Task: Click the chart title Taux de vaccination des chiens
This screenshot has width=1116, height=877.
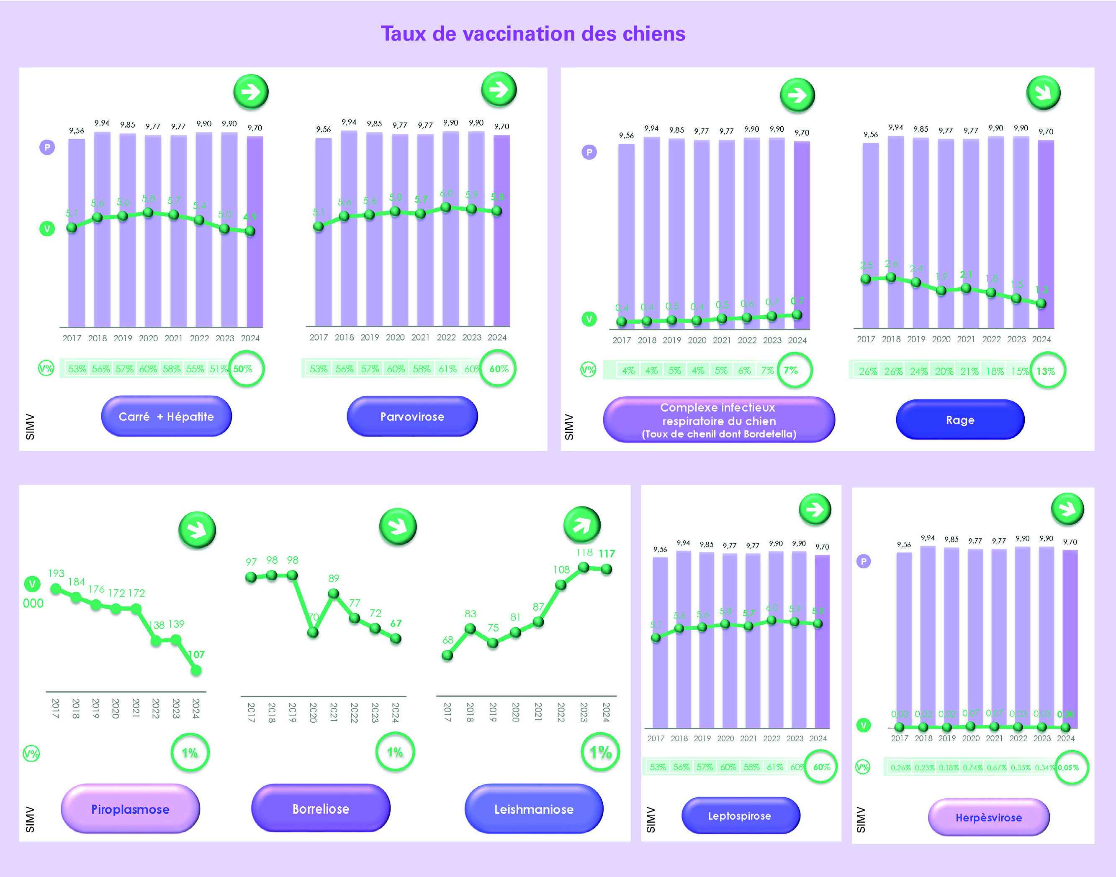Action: coord(533,34)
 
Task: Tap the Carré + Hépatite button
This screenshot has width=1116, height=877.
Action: coord(166,417)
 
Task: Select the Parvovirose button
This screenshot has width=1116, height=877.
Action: coord(412,417)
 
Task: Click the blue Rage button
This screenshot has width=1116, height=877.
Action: coord(960,420)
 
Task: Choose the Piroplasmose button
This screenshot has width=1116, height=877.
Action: coord(130,809)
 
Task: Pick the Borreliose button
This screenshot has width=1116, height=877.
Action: coord(321,809)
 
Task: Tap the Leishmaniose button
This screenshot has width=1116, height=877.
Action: coord(534,809)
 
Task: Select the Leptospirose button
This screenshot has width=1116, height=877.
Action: coord(740,816)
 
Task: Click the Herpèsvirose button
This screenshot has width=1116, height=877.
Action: coord(989,818)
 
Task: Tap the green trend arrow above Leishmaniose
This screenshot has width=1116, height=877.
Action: coord(581,525)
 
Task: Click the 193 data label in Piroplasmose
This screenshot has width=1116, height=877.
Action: coord(56,573)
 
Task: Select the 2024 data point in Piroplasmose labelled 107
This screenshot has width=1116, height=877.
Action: coord(196,670)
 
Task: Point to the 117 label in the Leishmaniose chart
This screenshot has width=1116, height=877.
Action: coord(607,554)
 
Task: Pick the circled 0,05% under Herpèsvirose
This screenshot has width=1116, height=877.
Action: coord(1070,767)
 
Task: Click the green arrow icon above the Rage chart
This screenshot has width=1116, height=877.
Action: coord(1043,93)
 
